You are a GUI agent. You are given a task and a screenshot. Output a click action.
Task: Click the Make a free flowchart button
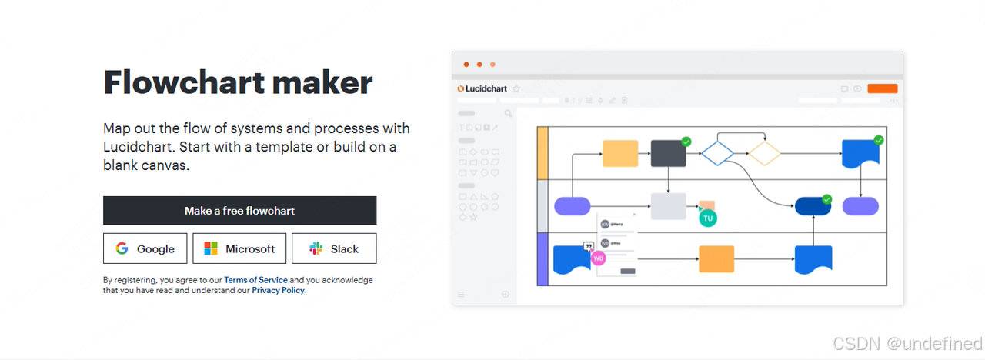(x=239, y=210)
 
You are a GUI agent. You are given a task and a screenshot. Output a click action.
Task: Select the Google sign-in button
(x=145, y=248)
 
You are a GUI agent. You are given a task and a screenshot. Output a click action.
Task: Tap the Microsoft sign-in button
(x=239, y=248)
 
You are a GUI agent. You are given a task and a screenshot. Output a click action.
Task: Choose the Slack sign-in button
(x=334, y=248)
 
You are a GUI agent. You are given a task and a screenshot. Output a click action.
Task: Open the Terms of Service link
(x=255, y=280)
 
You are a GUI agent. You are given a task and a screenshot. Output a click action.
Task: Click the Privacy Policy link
(x=279, y=290)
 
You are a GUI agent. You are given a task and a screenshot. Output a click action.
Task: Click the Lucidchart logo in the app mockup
(x=482, y=88)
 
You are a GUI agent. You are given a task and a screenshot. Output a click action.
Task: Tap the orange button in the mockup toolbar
(x=882, y=88)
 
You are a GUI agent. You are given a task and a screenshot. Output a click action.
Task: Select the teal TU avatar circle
(x=708, y=218)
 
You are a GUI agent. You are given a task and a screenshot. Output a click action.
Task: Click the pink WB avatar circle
(x=598, y=258)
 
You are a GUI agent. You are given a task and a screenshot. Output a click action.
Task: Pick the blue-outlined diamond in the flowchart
(x=717, y=152)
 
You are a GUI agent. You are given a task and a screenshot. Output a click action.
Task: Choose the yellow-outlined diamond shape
(x=765, y=152)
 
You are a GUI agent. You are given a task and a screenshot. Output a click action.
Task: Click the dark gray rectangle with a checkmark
(x=668, y=153)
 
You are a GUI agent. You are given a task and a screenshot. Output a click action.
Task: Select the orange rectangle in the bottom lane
(x=716, y=259)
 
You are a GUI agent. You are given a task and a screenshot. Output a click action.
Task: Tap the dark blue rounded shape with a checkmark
(x=813, y=206)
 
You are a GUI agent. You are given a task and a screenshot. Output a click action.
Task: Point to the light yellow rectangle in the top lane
(x=620, y=153)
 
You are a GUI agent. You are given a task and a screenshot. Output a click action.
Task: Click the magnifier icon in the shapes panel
(x=508, y=114)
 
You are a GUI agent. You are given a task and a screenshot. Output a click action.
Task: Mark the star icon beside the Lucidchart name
(x=516, y=88)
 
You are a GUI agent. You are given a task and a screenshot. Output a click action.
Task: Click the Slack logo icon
(x=316, y=248)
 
